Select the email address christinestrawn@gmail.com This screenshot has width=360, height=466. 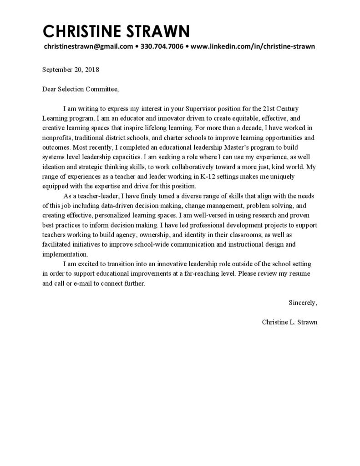point(88,46)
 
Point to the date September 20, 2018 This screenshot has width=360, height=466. point(71,70)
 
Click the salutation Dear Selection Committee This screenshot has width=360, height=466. point(80,89)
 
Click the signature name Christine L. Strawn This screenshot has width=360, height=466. point(289,322)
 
